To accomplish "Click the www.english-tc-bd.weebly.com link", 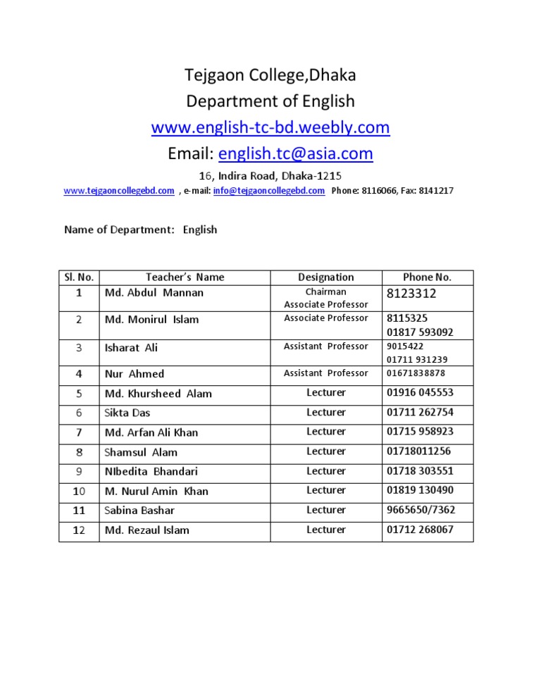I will tap(270, 127).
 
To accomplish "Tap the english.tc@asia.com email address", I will tap(295, 153).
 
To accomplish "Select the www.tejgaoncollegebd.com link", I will tap(119, 190).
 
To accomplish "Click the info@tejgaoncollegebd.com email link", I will tap(268, 190).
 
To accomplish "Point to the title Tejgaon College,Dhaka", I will tap(270, 75).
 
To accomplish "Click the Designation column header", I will tap(325, 277).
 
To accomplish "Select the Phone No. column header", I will tap(427, 277).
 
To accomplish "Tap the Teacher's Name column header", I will tap(185, 277).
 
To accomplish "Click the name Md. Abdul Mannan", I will tap(154, 292).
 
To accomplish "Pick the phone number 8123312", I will tap(412, 293).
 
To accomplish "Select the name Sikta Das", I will tap(128, 413).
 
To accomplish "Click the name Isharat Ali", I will tap(131, 347).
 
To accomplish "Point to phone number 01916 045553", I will tap(420, 393).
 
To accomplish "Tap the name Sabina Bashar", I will tap(139, 510).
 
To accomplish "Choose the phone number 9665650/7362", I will tap(421, 510).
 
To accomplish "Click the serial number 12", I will tap(79, 530).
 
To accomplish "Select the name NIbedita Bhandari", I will tap(151, 471).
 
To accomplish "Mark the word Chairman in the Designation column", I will tap(325, 292).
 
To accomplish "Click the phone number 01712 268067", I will tap(420, 530).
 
